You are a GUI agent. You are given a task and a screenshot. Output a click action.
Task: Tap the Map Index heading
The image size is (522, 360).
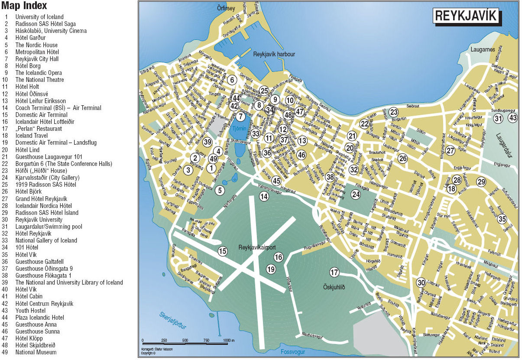point(24,6)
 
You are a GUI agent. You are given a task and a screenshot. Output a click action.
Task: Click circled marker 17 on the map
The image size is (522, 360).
point(334,272)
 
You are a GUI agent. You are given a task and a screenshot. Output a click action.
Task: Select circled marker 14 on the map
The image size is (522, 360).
point(264,196)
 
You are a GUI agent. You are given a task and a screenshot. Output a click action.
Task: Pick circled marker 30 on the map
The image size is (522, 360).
point(421,282)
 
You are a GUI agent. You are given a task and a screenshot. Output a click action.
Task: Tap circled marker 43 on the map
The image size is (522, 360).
point(513,118)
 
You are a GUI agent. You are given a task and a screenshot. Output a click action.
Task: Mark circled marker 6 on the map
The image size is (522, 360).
point(232,80)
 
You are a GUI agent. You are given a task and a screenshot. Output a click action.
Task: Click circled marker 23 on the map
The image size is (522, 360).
point(393,112)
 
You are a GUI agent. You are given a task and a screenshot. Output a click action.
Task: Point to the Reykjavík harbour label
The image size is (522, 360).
point(274,54)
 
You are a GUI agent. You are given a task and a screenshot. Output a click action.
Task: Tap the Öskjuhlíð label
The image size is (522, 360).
point(334,287)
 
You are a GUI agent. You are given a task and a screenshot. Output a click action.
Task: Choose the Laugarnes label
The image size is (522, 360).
point(483,49)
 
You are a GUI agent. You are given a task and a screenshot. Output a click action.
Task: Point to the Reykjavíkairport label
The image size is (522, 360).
point(257,247)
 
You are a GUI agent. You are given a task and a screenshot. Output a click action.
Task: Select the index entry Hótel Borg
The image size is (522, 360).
point(28,66)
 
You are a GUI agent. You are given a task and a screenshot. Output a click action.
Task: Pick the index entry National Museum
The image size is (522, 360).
point(36,352)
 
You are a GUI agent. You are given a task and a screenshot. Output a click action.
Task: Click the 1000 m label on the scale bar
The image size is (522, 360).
point(229,341)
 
